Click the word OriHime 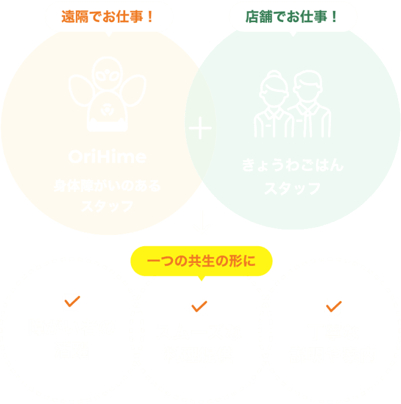point(107,157)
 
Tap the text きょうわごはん point(293,165)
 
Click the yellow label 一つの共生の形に point(201,261)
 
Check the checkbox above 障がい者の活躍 point(71,302)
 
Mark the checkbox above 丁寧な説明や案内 point(332,307)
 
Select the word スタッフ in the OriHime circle point(107,207)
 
